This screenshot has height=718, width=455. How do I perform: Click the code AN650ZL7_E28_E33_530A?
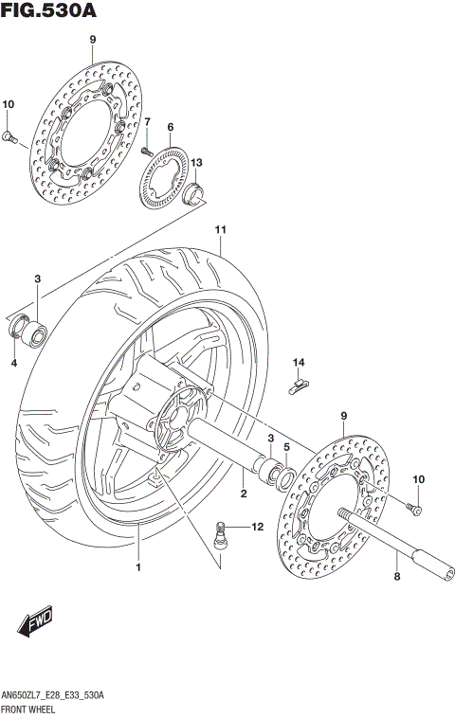(53, 695)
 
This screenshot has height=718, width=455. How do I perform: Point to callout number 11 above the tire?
(220, 230)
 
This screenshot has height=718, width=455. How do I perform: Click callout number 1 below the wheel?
(137, 567)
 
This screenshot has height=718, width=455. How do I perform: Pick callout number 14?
(298, 362)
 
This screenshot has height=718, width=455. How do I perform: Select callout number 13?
(196, 163)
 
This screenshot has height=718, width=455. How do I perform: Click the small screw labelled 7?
(147, 150)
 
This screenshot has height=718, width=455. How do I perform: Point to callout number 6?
(171, 127)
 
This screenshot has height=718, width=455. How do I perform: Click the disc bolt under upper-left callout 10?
(10, 138)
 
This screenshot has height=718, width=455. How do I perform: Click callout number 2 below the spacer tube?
(243, 494)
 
